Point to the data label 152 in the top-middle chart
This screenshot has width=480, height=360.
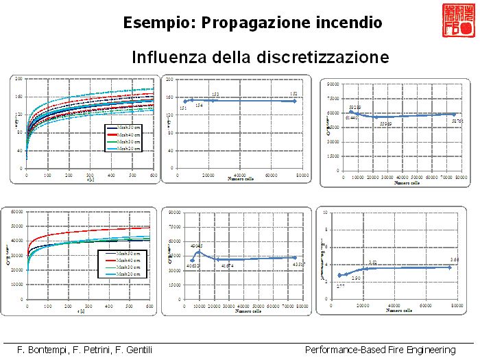click(293, 94)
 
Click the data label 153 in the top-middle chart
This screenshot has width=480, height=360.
click(215, 94)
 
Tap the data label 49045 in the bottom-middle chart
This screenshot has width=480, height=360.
click(197, 246)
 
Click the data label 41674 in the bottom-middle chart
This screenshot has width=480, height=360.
click(227, 265)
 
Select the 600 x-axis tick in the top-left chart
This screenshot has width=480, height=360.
click(153, 176)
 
